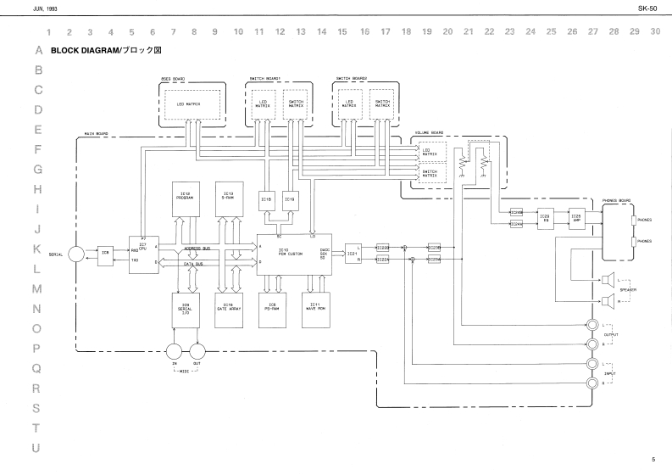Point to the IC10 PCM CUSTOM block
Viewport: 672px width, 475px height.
(291, 253)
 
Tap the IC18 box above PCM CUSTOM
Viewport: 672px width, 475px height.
(265, 200)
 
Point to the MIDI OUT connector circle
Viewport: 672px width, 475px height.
(197, 350)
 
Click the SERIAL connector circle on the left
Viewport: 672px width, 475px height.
(75, 254)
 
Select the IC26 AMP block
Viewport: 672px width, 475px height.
(577, 216)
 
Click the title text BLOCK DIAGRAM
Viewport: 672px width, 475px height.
(96, 51)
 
